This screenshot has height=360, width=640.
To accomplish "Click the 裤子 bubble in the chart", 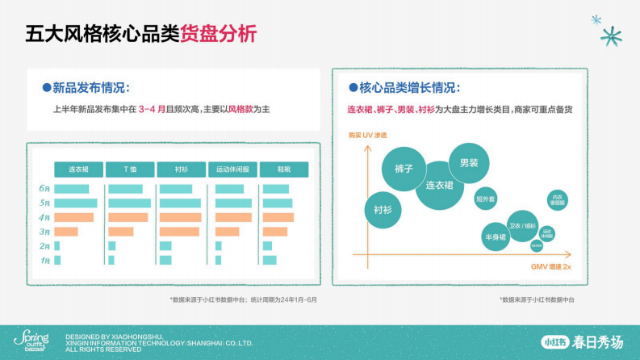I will [404, 169].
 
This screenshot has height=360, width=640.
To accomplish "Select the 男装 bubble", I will [469, 163].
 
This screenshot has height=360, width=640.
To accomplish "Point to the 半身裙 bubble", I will [495, 237].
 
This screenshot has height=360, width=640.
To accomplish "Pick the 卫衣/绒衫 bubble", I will [522, 226].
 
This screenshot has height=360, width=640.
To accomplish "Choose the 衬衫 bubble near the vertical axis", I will [383, 209].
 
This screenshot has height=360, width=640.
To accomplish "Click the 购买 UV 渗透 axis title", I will [362, 135].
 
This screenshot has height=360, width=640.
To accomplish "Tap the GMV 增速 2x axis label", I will [551, 266].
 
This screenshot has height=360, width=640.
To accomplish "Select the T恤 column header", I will [129, 170].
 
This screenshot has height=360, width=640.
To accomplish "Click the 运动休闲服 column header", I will [232, 170].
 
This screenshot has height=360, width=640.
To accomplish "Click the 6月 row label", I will [45, 189].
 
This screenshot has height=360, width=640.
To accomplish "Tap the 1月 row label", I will [45, 261].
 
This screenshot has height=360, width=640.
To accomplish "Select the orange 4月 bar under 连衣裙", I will [74, 218].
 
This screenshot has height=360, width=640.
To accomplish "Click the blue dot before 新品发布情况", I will [47, 87].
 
